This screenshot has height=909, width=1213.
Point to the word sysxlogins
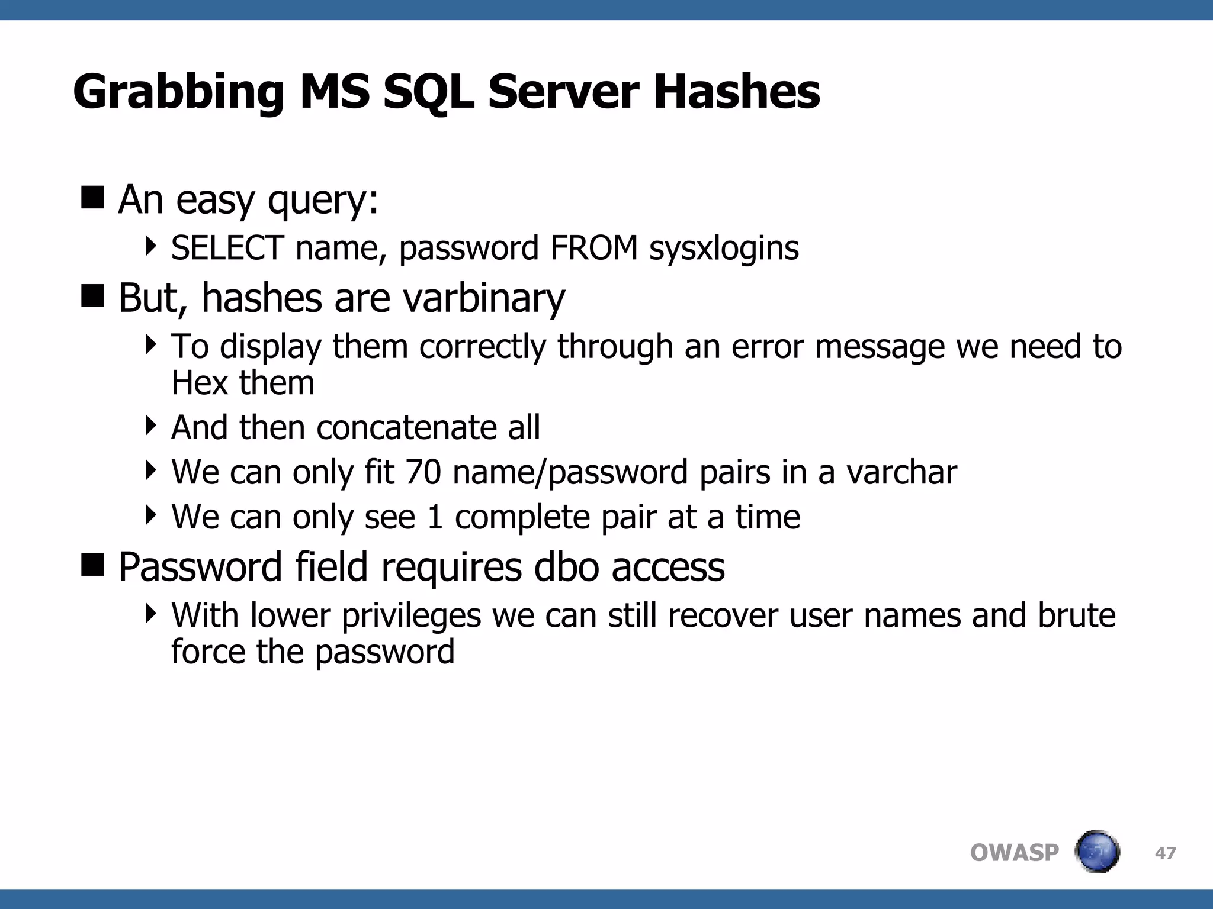[x=724, y=249]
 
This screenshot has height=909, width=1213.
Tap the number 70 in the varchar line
[x=423, y=472]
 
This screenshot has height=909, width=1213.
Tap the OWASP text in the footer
[x=1014, y=853]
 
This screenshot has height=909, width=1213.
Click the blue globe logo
[x=1097, y=852]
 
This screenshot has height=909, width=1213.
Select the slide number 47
[x=1165, y=853]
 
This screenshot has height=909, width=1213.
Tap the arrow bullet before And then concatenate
[x=151, y=425]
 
